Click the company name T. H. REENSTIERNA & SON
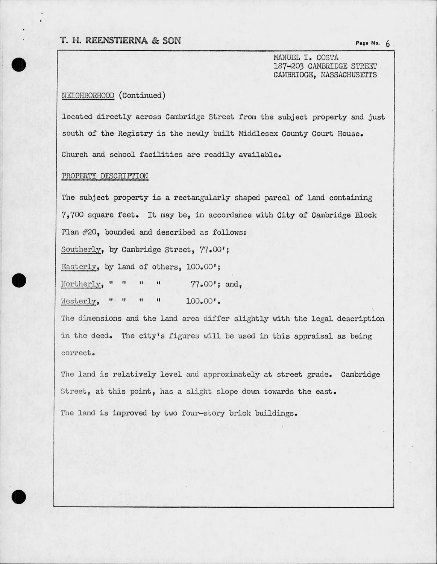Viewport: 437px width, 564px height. pyautogui.click(x=120, y=41)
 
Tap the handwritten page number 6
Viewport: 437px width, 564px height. pyautogui.click(x=387, y=44)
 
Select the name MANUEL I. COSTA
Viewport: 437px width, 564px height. pyautogui.click(x=306, y=58)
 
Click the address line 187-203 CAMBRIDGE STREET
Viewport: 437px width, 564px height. pyautogui.click(x=325, y=66)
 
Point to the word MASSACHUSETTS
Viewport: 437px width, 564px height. pyautogui.click(x=349, y=75)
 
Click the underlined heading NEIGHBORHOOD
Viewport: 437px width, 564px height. pyautogui.click(x=88, y=96)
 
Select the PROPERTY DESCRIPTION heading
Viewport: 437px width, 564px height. pyautogui.click(x=105, y=176)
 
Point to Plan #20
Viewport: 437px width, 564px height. pyautogui.click(x=80, y=232)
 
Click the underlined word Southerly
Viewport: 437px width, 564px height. pyautogui.click(x=81, y=250)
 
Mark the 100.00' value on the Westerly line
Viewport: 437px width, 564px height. pyautogui.click(x=203, y=301)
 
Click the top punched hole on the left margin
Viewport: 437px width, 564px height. pyautogui.click(x=18, y=65)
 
